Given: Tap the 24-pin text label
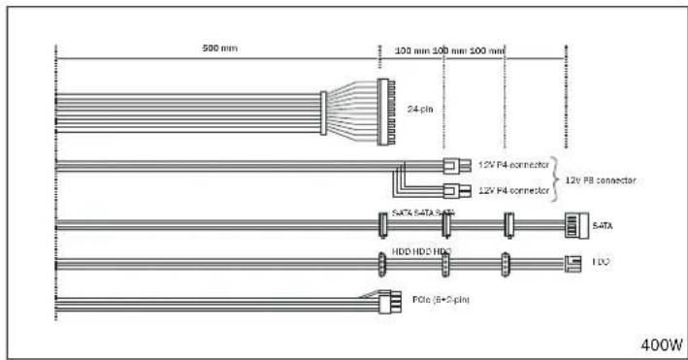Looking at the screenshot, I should coord(420,108).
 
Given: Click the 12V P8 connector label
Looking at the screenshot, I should coord(600,180).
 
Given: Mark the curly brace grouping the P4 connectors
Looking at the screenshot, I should coord(556,178).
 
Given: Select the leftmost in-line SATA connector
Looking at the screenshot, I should coord(381,226).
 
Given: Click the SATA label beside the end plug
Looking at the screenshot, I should coord(601,226).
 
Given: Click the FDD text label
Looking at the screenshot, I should coord(600,261).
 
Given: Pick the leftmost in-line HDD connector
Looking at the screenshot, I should coord(381,262).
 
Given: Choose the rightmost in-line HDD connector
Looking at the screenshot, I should coord(505,262).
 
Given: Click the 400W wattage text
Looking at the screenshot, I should coord(662,344).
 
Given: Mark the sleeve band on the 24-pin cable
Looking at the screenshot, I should coord(323,113).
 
